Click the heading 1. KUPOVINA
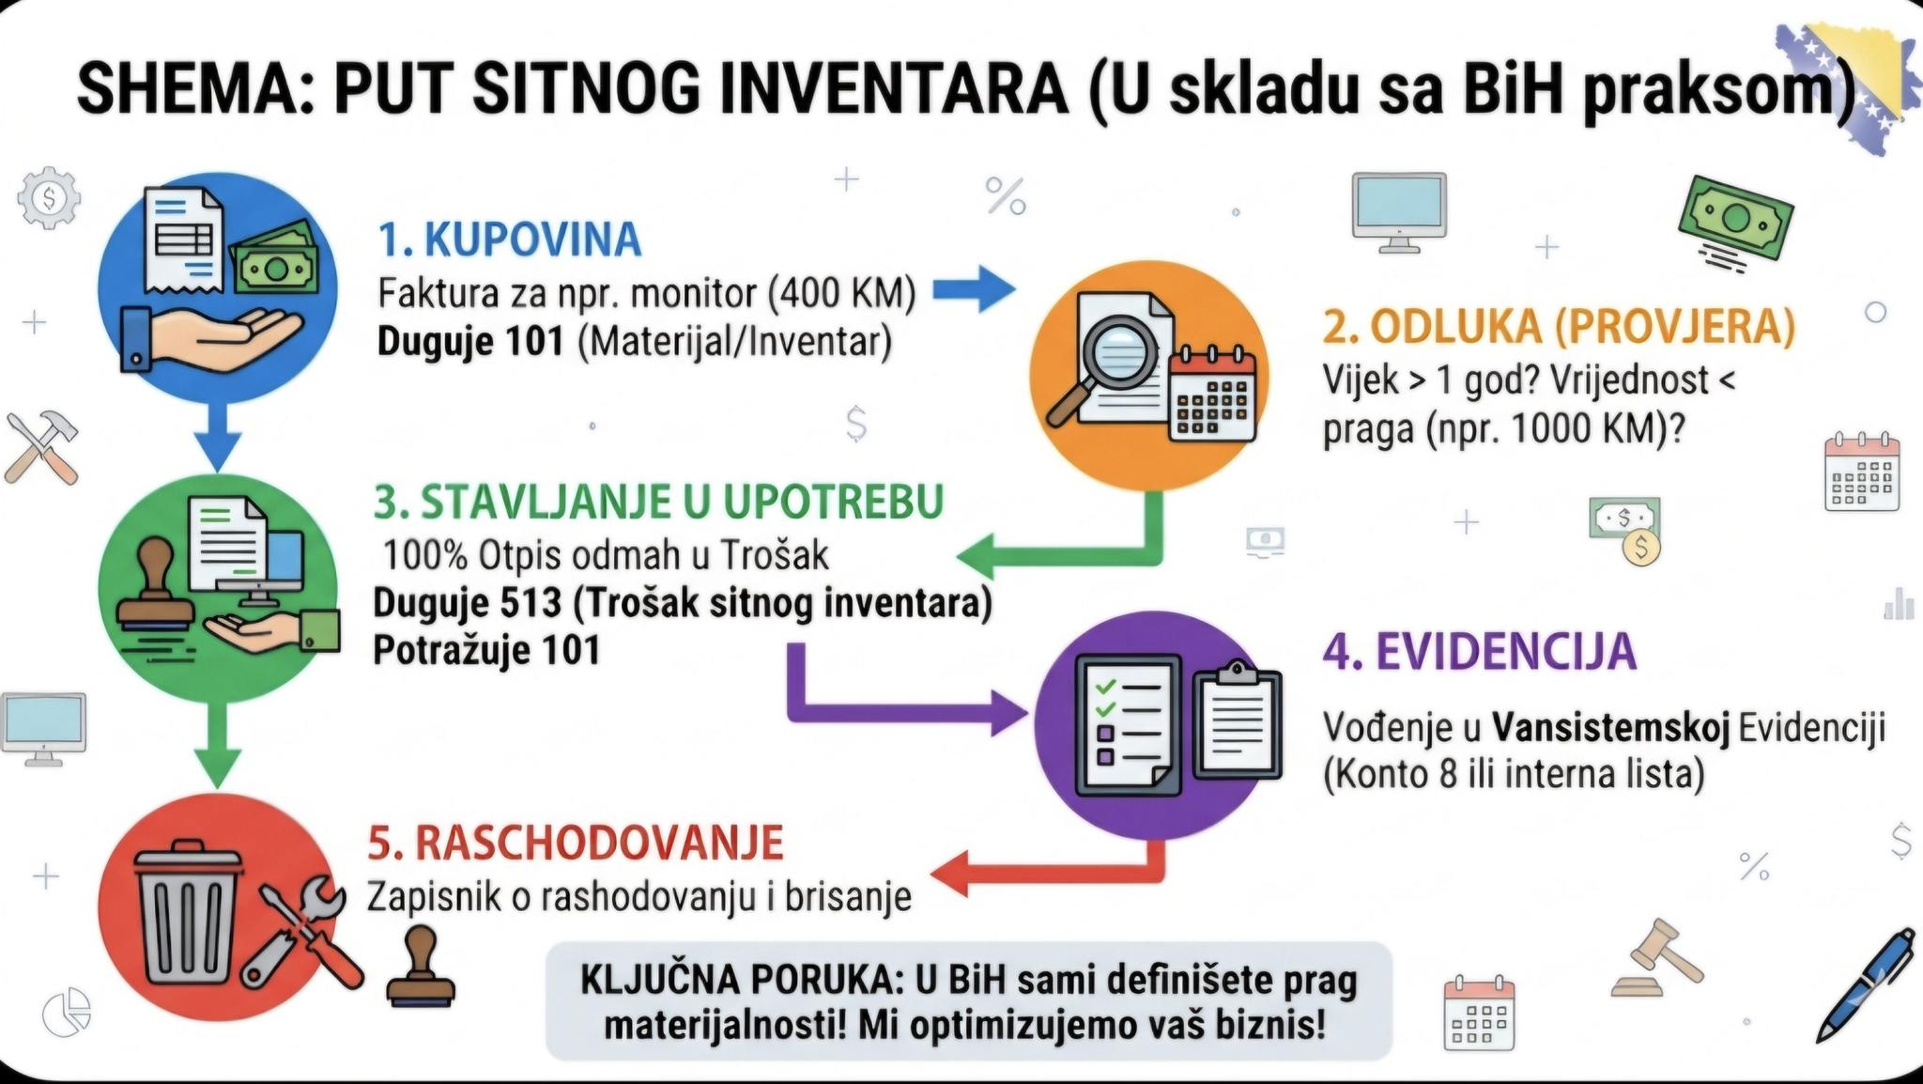tap(510, 240)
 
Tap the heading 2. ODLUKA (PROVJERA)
tap(1559, 326)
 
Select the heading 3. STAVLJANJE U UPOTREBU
tap(658, 502)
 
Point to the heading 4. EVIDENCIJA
tap(1480, 652)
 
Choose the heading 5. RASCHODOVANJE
tap(576, 842)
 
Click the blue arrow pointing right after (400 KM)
tap(974, 288)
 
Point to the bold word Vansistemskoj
tap(1611, 728)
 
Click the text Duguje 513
tap(468, 602)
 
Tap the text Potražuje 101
tap(486, 650)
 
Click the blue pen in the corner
tap(1865, 983)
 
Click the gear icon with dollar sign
tap(49, 197)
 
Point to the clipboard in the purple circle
tap(1237, 720)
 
